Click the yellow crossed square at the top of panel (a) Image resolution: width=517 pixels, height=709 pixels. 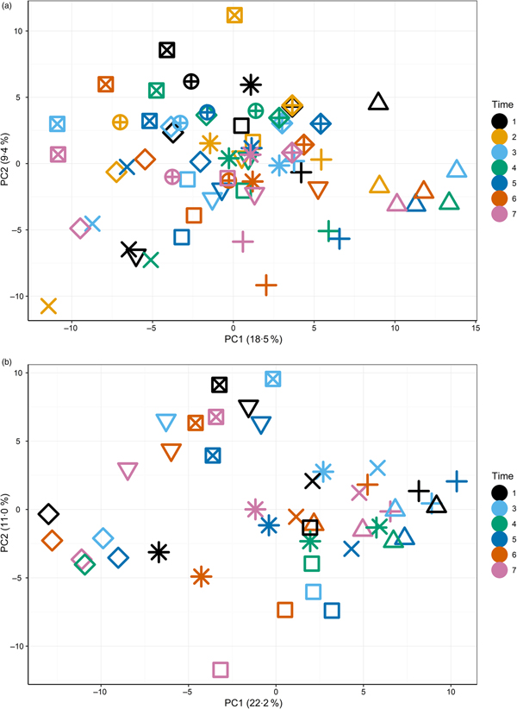click(x=234, y=15)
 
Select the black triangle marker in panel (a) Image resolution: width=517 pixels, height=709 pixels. click(x=378, y=103)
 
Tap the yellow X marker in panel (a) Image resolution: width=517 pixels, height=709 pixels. click(x=48, y=306)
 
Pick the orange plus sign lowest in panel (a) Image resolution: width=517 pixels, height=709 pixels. click(x=266, y=285)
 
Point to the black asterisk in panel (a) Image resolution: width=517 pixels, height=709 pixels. click(x=250, y=85)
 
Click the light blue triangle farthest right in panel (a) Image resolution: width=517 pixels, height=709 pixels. click(x=458, y=170)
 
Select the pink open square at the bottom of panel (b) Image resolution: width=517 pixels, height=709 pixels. click(x=221, y=669)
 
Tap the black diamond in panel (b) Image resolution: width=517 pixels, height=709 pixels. click(x=48, y=514)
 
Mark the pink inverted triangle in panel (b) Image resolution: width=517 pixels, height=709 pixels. click(x=128, y=471)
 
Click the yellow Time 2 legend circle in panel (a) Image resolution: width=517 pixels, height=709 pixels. click(x=476, y=136)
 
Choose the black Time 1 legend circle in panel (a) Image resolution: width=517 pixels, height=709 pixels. click(x=476, y=120)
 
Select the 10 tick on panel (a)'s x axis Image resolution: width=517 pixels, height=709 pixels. click(x=395, y=329)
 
